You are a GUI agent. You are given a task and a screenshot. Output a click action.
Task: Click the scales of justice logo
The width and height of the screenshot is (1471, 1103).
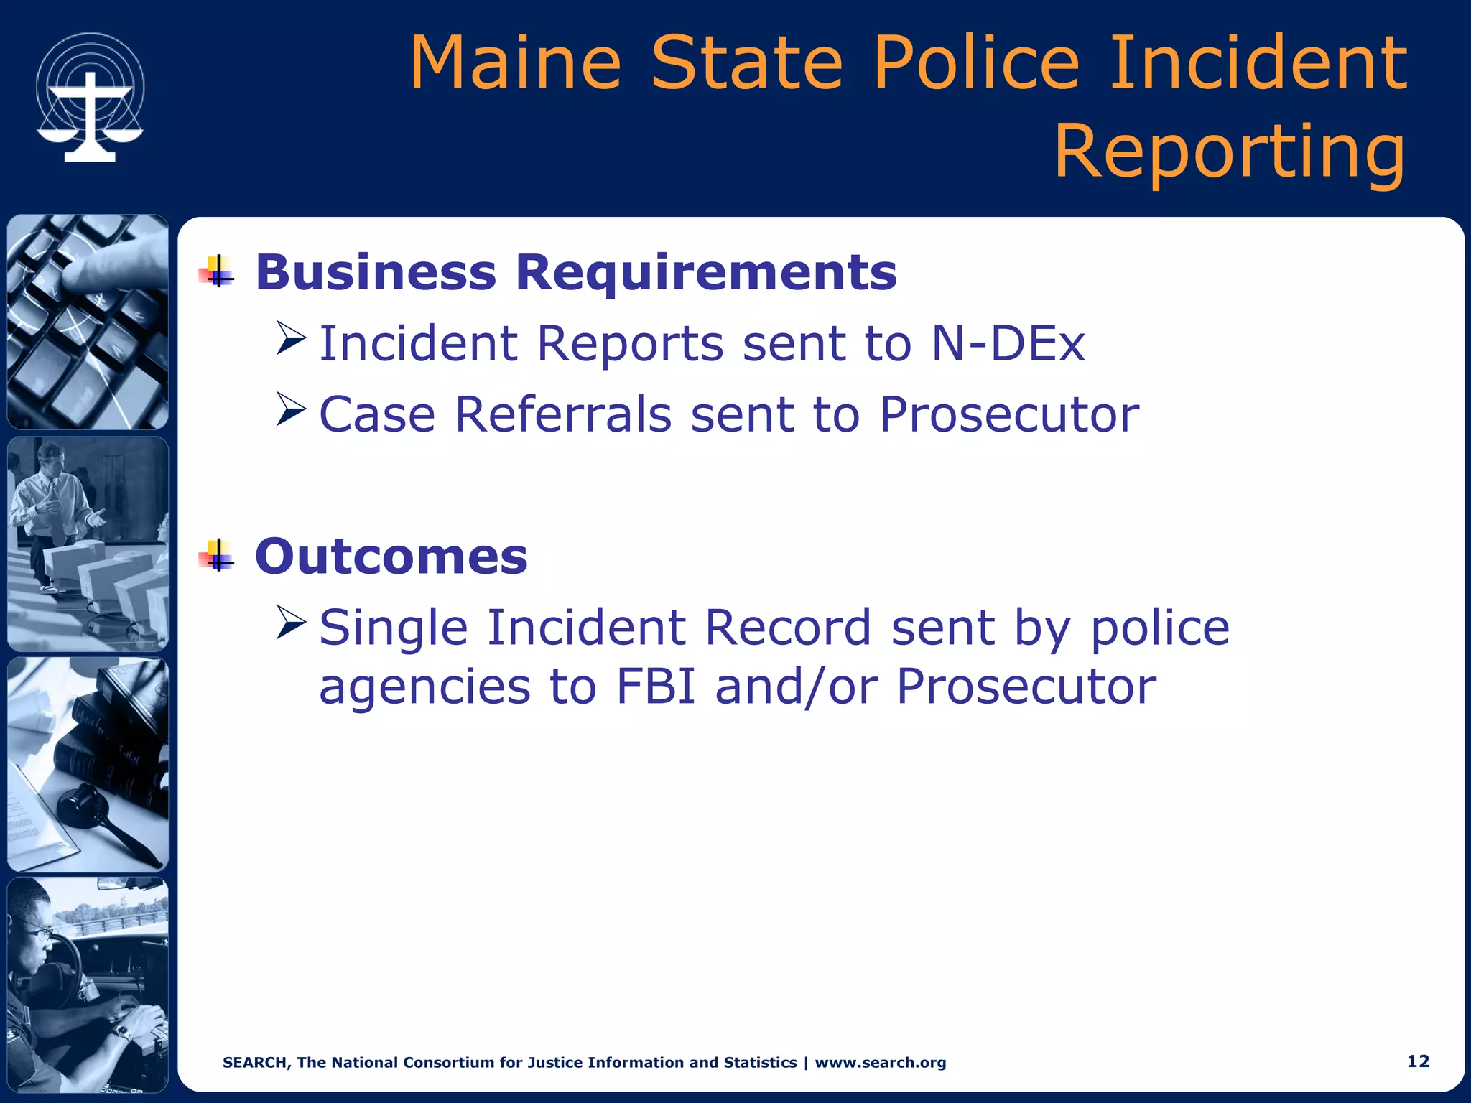tap(91, 98)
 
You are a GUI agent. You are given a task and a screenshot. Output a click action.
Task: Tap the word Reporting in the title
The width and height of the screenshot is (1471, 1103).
tap(1229, 152)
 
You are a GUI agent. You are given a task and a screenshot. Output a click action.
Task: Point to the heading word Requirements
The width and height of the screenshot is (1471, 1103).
tap(706, 273)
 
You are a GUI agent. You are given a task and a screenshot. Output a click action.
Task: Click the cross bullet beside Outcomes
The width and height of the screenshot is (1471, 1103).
tap(217, 556)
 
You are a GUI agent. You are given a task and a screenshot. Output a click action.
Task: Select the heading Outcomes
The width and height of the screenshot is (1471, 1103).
tap(391, 557)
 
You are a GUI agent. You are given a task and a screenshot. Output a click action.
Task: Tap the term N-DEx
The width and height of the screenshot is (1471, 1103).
tap(1008, 343)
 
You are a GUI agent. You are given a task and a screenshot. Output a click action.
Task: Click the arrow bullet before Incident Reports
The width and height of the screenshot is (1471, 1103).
tap(291, 338)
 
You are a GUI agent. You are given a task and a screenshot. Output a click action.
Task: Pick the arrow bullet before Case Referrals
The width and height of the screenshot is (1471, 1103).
tap(291, 409)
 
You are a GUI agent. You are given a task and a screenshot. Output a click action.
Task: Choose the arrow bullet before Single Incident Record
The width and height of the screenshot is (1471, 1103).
tap(291, 622)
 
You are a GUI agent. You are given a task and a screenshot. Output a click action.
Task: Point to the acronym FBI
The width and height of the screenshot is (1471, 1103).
tap(656, 686)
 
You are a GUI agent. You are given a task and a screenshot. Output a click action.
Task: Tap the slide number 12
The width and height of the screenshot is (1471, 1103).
tap(1418, 1061)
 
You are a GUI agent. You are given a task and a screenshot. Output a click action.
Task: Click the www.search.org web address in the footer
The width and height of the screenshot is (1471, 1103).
tap(880, 1063)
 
